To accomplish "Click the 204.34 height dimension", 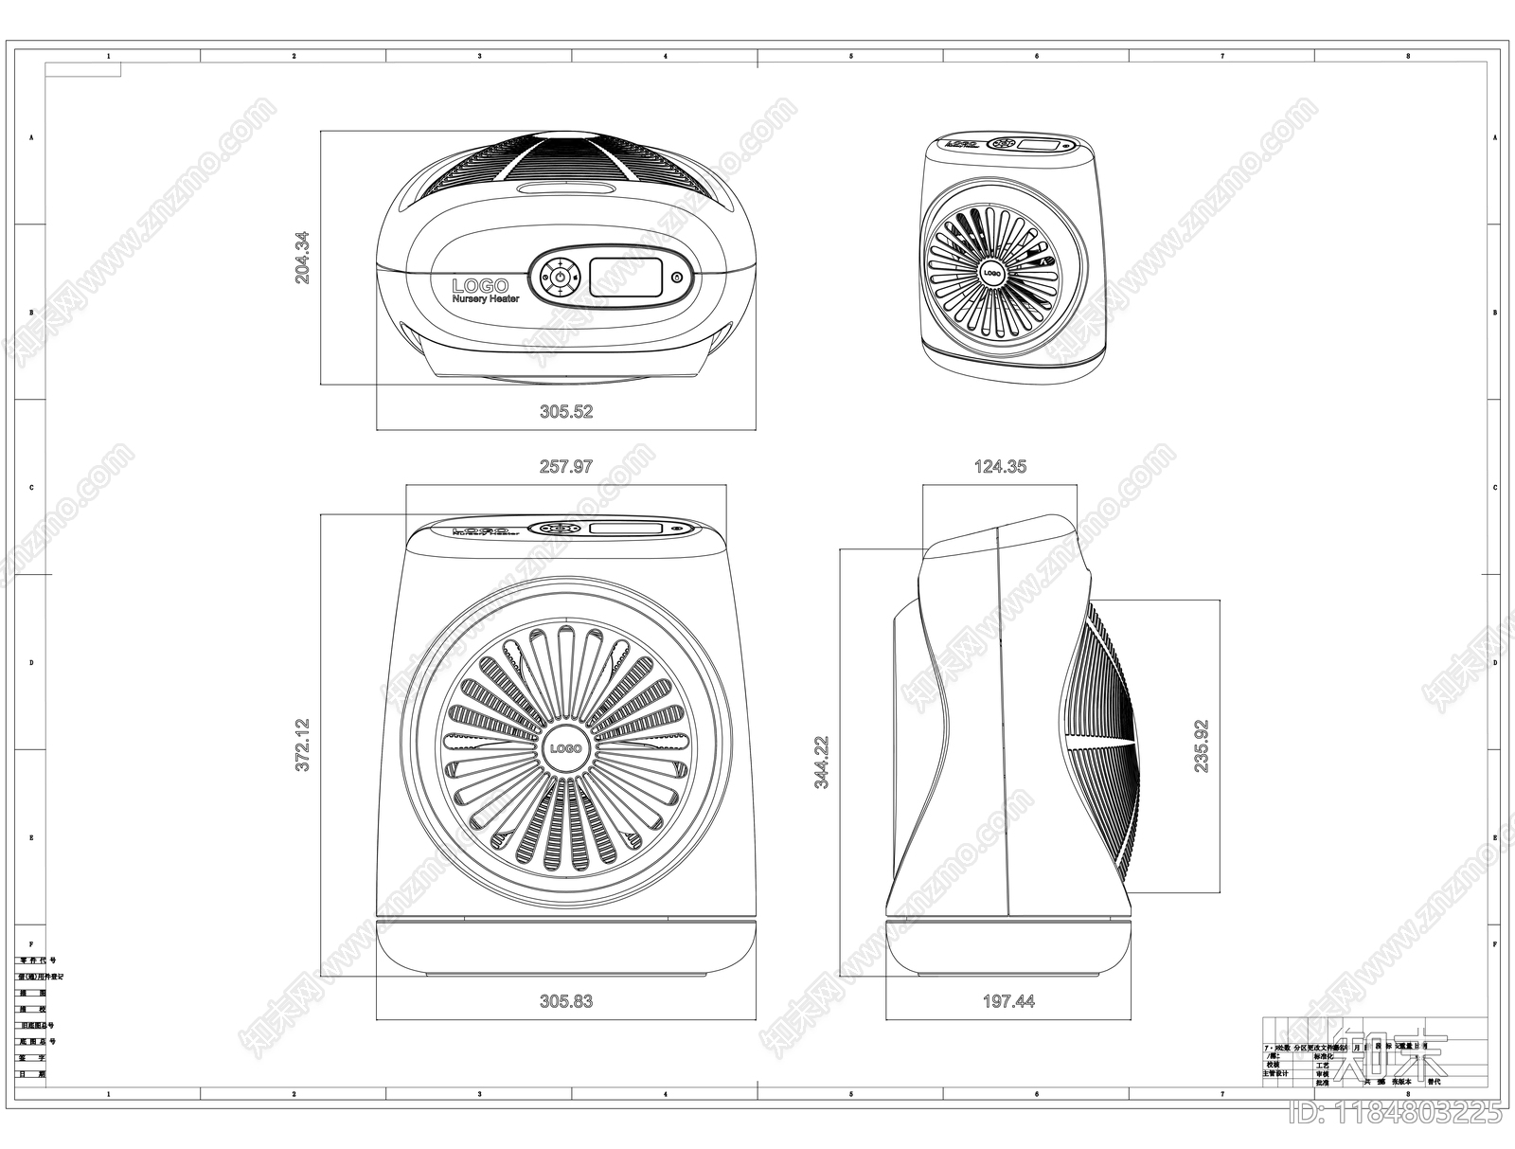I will coord(302,258).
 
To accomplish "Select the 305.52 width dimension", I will coord(566,411).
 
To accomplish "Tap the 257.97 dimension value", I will coord(566,466).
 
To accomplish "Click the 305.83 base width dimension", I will coord(566,1000).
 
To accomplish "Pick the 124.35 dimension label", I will coord(1000,466).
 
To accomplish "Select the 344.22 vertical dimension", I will coord(822,762).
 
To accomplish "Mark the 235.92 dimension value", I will coord(1201,746).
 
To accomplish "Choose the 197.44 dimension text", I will coord(1008,1000).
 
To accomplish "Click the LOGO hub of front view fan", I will coord(565,748).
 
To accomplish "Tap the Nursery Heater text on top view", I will coord(486,299).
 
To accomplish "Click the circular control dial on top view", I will coord(560,277).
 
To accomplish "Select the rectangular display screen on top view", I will coord(626,277).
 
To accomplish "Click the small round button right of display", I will coord(676,278).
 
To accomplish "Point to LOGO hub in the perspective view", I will coord(991,273).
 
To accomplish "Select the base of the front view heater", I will coord(566,947).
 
